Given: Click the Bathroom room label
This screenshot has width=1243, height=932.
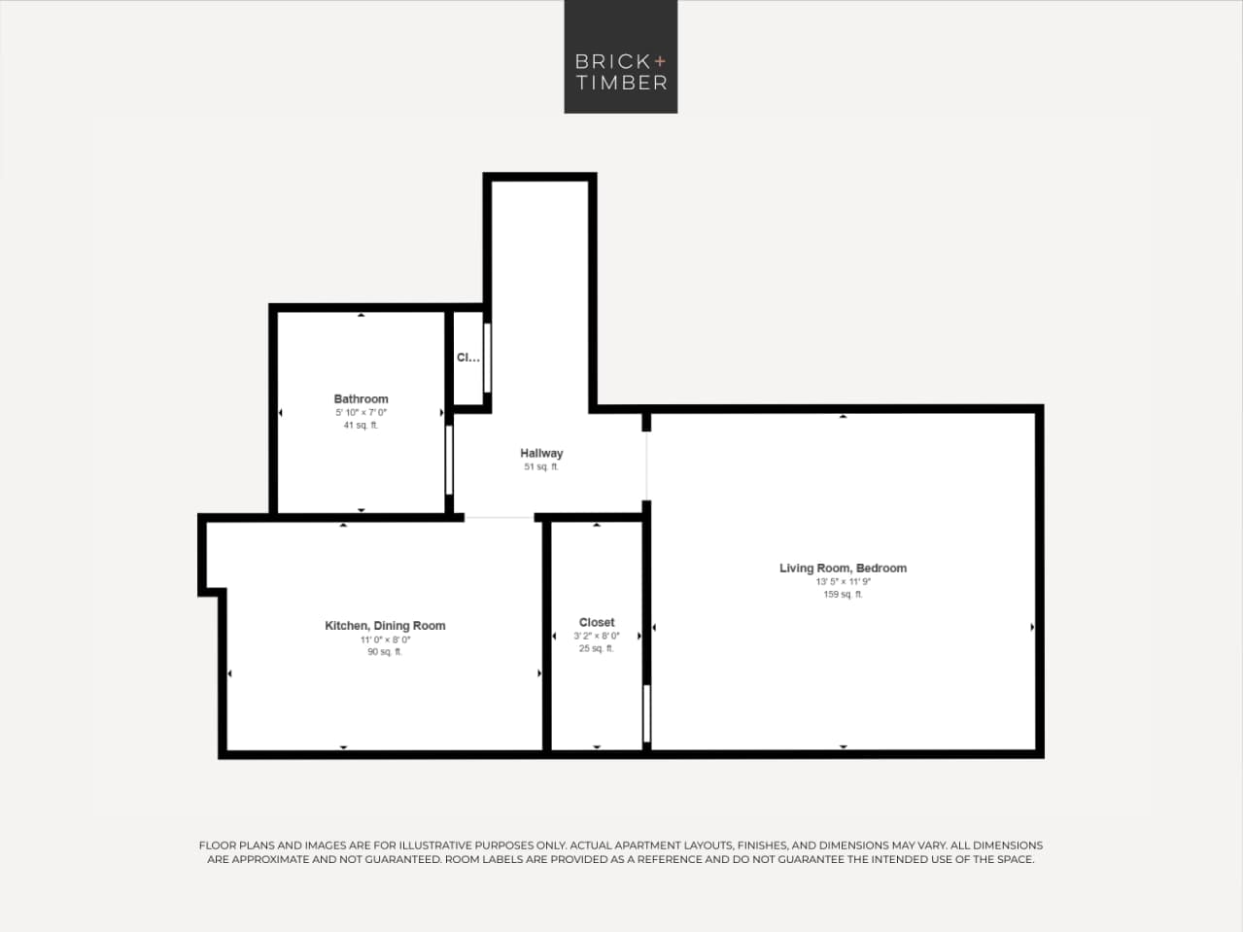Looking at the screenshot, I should pos(361,398).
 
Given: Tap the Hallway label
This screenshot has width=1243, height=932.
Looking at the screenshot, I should pos(541,453).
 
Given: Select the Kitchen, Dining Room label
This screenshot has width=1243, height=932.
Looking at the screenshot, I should pos(385,626).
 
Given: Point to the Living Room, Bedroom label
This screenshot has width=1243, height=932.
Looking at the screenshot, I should pos(843,568).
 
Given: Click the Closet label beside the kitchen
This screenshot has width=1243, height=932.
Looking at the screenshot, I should pos(597,622).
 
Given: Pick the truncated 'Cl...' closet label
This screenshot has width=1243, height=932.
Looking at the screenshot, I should pos(467,358).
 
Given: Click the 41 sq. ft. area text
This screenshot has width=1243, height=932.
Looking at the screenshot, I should pos(361,426).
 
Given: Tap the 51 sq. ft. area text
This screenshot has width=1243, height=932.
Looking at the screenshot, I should pos(541,467).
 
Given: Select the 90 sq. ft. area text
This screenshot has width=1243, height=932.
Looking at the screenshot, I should pos(385,652).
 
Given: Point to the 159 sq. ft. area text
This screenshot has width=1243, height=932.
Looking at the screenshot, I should pos(843,595).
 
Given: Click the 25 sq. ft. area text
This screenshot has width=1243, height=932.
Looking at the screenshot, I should pos(597,649).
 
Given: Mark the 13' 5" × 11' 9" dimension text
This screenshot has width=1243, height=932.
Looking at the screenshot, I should pos(843,582).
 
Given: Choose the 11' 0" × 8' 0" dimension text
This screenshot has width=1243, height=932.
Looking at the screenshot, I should pos(385,639).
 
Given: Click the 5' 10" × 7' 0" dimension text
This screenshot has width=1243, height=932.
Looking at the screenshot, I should pos(361,412).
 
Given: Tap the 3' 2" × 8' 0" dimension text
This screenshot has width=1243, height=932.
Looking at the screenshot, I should pos(597,636).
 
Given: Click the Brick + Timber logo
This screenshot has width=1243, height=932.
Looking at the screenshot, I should pos(621,57).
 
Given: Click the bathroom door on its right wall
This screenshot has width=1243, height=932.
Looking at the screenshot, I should pos(449,460).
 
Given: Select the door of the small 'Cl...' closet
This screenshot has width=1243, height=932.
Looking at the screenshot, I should pos(487,358).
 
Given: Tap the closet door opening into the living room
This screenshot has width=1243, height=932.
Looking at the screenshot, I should pos(646,714).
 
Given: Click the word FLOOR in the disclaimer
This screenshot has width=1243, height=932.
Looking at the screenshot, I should pos(218,846).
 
